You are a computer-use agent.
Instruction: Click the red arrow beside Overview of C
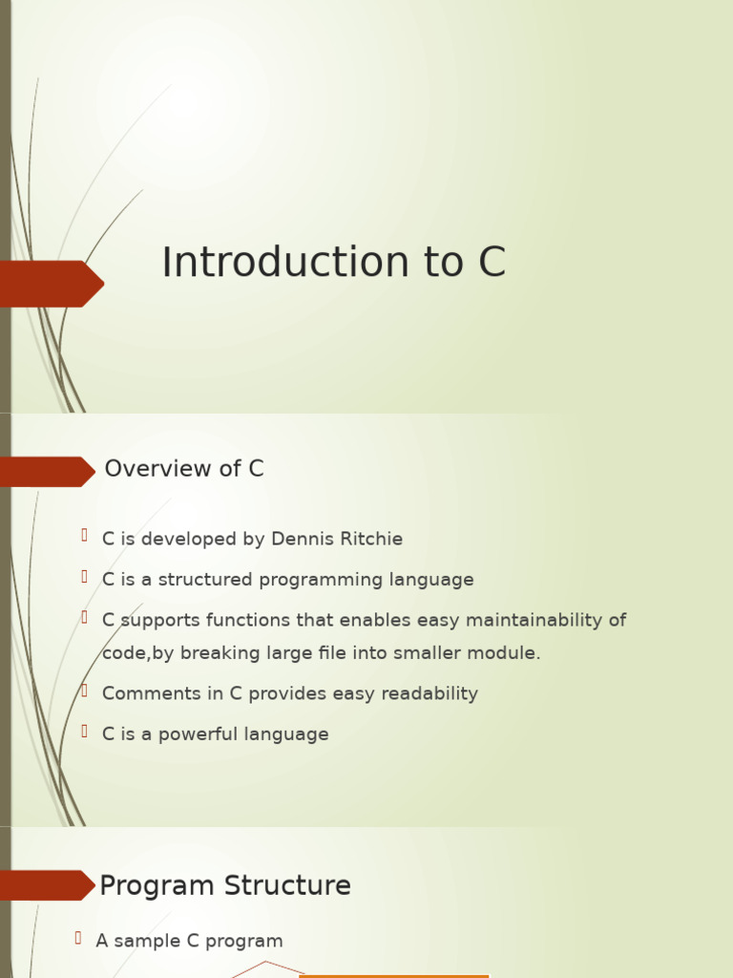[x=47, y=472]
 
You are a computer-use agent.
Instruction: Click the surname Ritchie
[x=374, y=540]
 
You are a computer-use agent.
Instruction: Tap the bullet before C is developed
[x=84, y=536]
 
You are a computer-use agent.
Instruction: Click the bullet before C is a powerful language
[x=84, y=732]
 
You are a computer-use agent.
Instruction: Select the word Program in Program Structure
[x=157, y=886]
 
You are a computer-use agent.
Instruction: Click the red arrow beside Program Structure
[x=47, y=885]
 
